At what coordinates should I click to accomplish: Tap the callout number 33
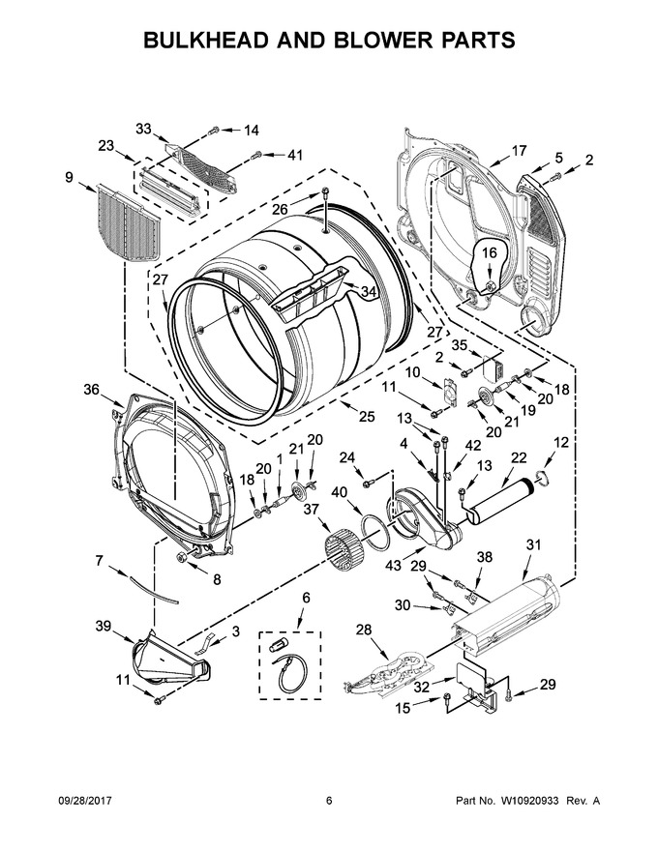(143, 129)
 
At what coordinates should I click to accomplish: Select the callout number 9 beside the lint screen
(69, 177)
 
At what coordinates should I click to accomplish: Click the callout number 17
(519, 150)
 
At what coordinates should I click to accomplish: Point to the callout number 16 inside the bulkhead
(490, 252)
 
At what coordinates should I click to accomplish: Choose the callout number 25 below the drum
(367, 416)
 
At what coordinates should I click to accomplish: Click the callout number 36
(92, 389)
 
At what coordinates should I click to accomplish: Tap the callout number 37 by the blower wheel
(311, 509)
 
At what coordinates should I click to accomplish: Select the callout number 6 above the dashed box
(306, 598)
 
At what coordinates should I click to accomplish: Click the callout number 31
(534, 544)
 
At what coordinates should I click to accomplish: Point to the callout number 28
(364, 630)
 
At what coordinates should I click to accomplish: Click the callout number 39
(104, 626)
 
